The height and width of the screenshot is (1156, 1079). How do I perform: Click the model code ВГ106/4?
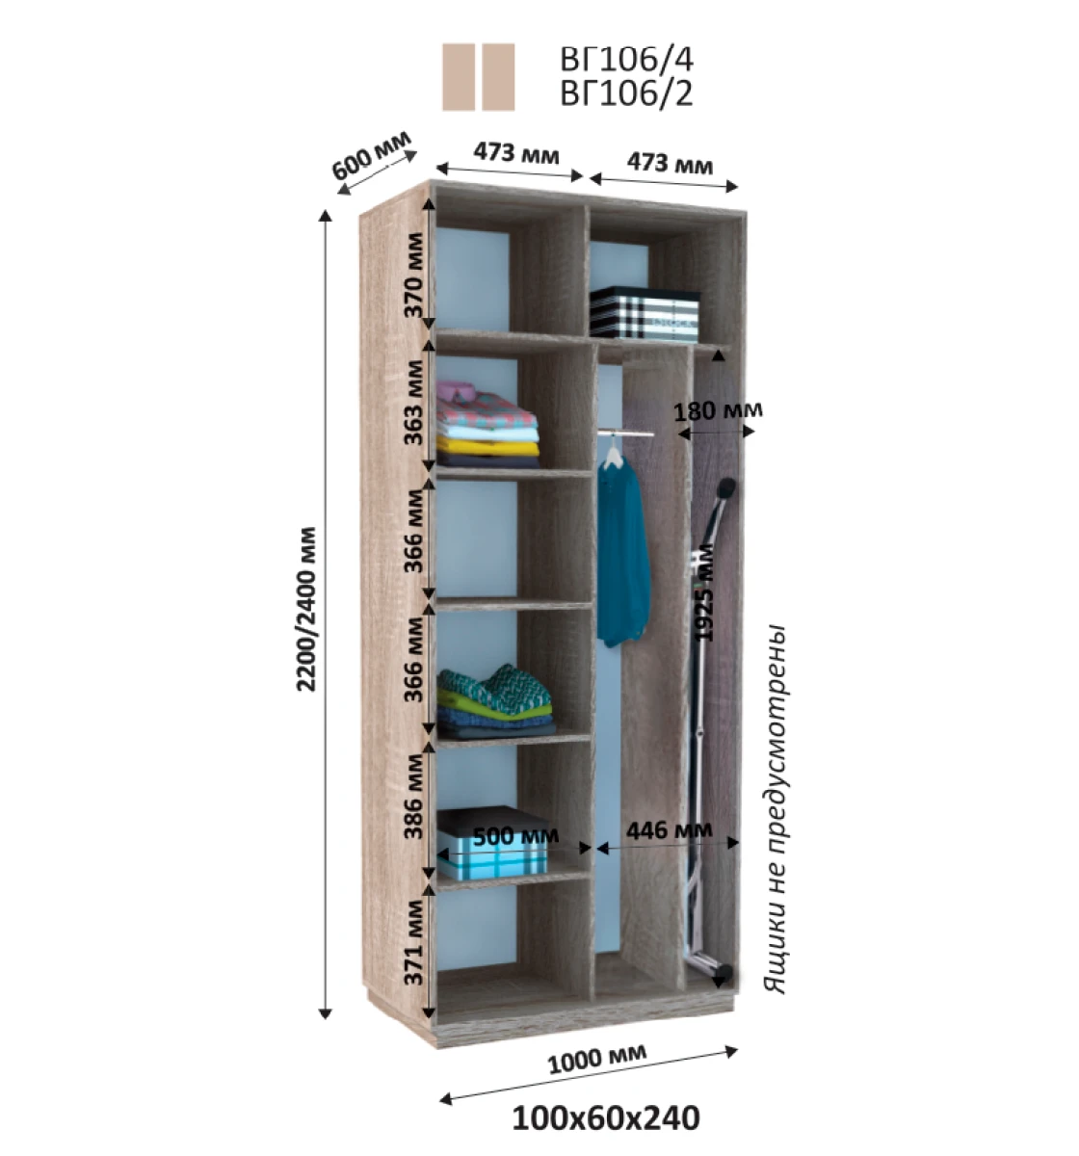(x=626, y=58)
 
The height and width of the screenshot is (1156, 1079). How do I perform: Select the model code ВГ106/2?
(x=626, y=93)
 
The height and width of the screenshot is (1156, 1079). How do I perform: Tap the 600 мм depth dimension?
(x=372, y=155)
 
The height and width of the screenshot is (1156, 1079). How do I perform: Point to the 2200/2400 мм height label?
(x=306, y=609)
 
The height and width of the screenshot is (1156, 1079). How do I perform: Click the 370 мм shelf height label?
(x=414, y=275)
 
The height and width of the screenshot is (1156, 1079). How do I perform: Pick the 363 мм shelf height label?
(x=414, y=403)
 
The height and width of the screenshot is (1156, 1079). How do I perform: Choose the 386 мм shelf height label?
(x=414, y=797)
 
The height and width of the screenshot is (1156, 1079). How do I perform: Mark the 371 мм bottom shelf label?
(x=414, y=942)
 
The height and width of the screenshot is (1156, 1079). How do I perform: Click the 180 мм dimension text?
(x=718, y=411)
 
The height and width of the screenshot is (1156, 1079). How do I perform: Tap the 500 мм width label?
(x=515, y=836)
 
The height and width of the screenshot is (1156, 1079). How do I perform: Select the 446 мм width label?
(x=669, y=830)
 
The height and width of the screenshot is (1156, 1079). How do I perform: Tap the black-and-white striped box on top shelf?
(x=644, y=312)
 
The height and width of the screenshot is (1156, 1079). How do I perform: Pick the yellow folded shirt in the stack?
(x=488, y=447)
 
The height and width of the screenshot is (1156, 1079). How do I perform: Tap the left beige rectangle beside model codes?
(x=459, y=77)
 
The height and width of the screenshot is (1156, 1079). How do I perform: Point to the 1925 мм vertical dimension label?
(x=703, y=593)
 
